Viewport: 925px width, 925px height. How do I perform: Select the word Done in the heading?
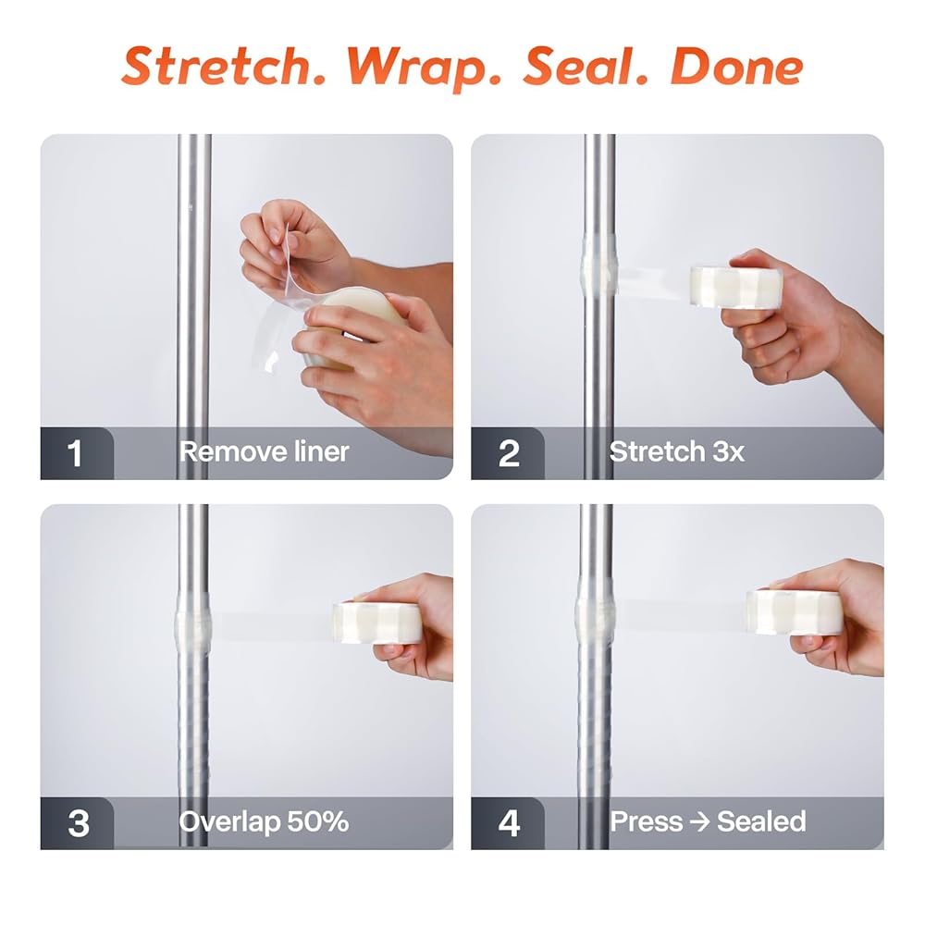pyautogui.click(x=737, y=66)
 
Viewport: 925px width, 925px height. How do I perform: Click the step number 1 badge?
pyautogui.click(x=76, y=453)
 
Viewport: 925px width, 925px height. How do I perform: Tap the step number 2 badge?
pyautogui.click(x=507, y=453)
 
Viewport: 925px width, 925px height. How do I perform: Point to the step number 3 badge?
pyautogui.click(x=78, y=823)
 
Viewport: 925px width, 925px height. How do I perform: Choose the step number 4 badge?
pyautogui.click(x=508, y=823)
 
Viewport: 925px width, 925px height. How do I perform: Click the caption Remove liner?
pyautogui.click(x=265, y=452)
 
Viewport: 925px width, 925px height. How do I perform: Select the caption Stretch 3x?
pyautogui.click(x=677, y=452)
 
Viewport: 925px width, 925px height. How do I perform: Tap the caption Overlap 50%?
pyautogui.click(x=264, y=821)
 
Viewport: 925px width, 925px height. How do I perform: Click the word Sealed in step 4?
pyautogui.click(x=761, y=821)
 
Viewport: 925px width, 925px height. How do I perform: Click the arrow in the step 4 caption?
pyautogui.click(x=699, y=821)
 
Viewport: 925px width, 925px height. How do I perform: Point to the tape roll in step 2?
pyautogui.click(x=735, y=286)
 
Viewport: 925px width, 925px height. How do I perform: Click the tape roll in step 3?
pyautogui.click(x=377, y=623)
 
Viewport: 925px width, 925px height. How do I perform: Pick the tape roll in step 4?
pyautogui.click(x=794, y=611)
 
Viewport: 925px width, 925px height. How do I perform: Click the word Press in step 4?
pyautogui.click(x=647, y=821)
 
